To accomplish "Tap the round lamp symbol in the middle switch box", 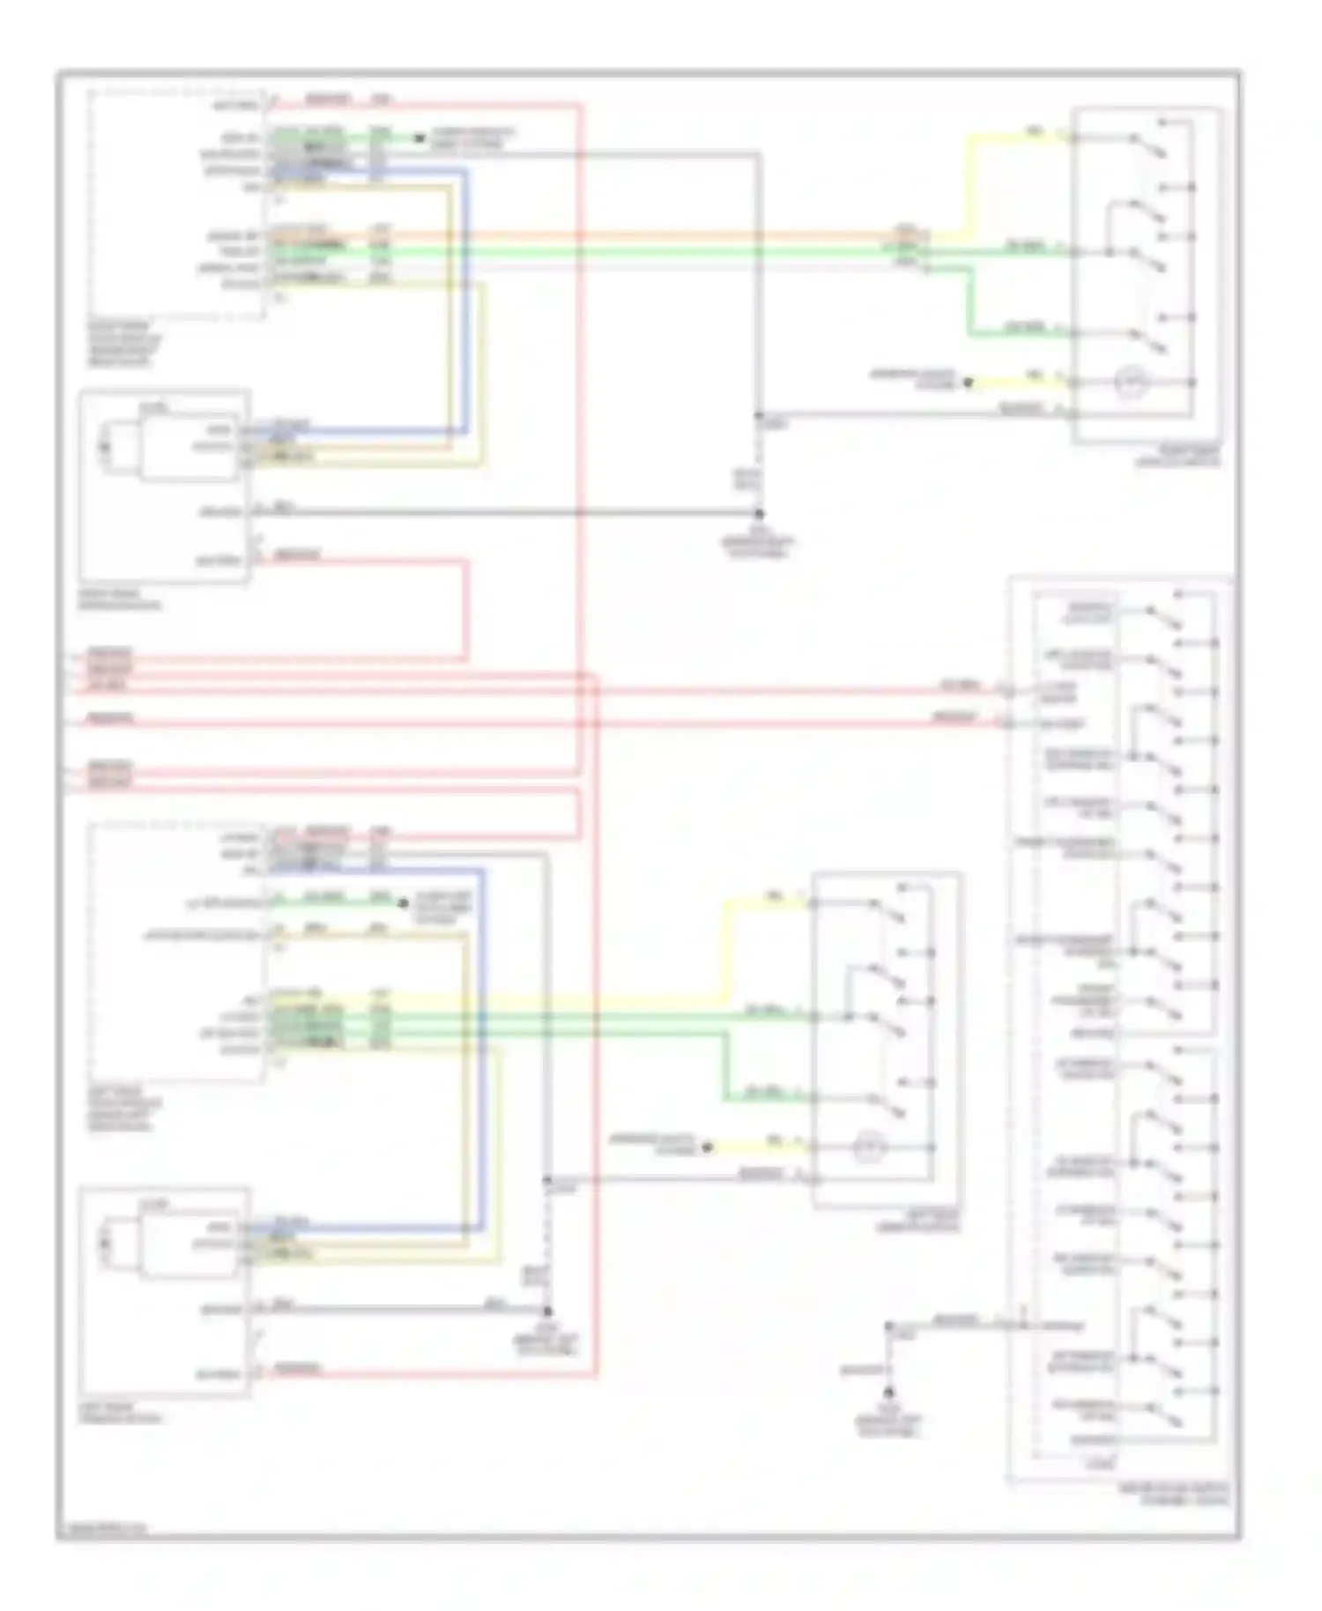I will tap(869, 1148).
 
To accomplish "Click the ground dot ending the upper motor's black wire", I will tap(758, 513).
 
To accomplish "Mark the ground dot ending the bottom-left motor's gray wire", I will tap(547, 1311).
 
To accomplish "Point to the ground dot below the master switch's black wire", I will tap(888, 1393).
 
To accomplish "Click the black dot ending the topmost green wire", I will tap(420, 138).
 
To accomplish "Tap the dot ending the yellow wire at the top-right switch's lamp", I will tap(967, 382).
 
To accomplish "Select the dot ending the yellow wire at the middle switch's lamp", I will tap(707, 1147).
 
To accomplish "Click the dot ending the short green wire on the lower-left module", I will tap(402, 903).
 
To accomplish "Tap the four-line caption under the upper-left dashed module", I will tap(124, 344).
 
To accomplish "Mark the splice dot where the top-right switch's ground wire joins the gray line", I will tap(758, 415).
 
